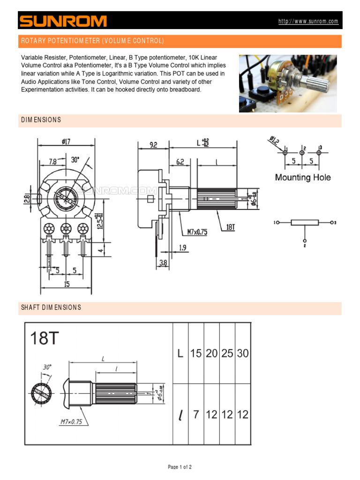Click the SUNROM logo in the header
pos(63,21)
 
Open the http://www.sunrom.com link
pos(308,22)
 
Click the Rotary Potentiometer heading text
pos(92,41)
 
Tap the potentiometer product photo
pos(287,83)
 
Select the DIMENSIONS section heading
pos(41,120)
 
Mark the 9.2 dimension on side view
pos(153,145)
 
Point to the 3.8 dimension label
pos(163,263)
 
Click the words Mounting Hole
pos(302,177)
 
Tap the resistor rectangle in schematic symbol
pos(305,222)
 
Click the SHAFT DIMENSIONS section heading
pos(51,307)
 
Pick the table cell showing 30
pos(243,353)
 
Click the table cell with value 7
pos(196,414)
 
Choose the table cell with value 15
pos(196,353)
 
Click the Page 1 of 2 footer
pos(180,467)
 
